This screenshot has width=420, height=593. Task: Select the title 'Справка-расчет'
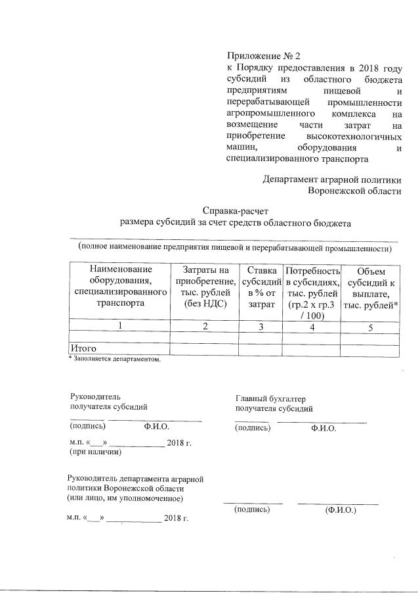click(x=235, y=210)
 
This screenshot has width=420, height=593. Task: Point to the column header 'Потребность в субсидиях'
click(x=311, y=292)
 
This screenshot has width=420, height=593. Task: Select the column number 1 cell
click(x=119, y=326)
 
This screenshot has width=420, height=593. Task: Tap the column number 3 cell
click(x=261, y=326)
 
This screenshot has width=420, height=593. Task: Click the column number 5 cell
click(x=370, y=326)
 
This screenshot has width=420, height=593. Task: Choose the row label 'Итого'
click(x=83, y=348)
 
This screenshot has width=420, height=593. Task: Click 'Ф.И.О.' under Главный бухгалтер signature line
click(x=324, y=428)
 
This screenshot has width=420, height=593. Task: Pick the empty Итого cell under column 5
click(x=370, y=348)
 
